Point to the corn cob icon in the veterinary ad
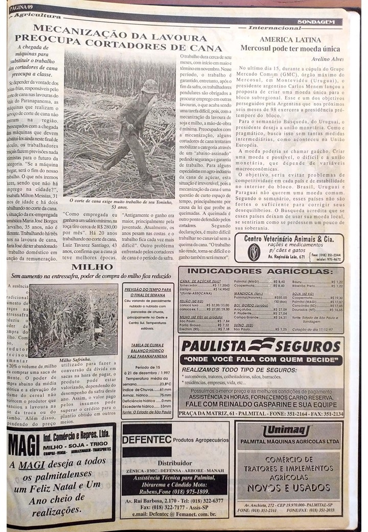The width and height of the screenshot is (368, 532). point(254,252)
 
